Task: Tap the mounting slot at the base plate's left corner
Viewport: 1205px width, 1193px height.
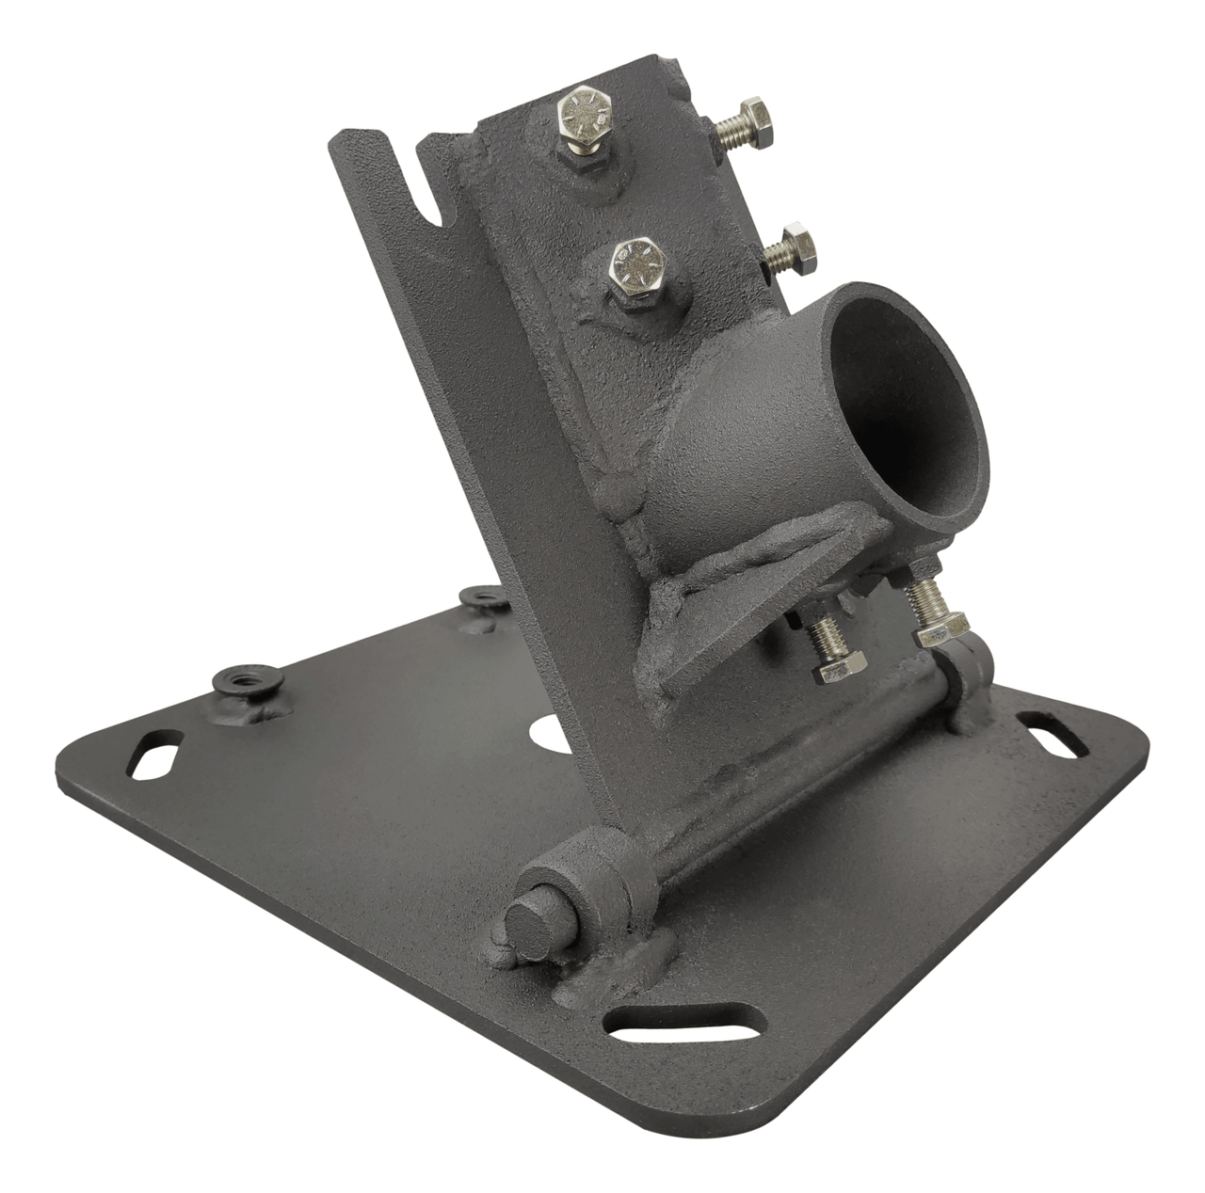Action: pyautogui.click(x=156, y=756)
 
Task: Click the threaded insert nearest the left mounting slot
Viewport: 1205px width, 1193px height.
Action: pyautogui.click(x=236, y=684)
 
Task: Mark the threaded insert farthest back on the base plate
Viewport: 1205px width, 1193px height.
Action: pyautogui.click(x=484, y=596)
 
